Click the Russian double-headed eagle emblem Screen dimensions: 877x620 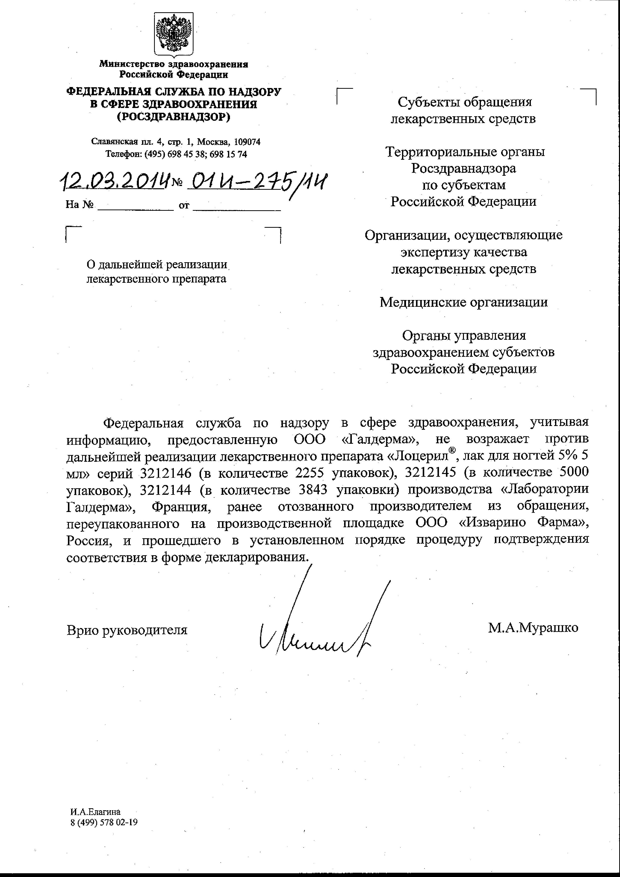point(174,34)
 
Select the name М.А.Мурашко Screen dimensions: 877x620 point(533,627)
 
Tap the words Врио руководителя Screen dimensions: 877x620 point(127,630)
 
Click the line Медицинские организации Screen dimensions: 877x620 point(463,302)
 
